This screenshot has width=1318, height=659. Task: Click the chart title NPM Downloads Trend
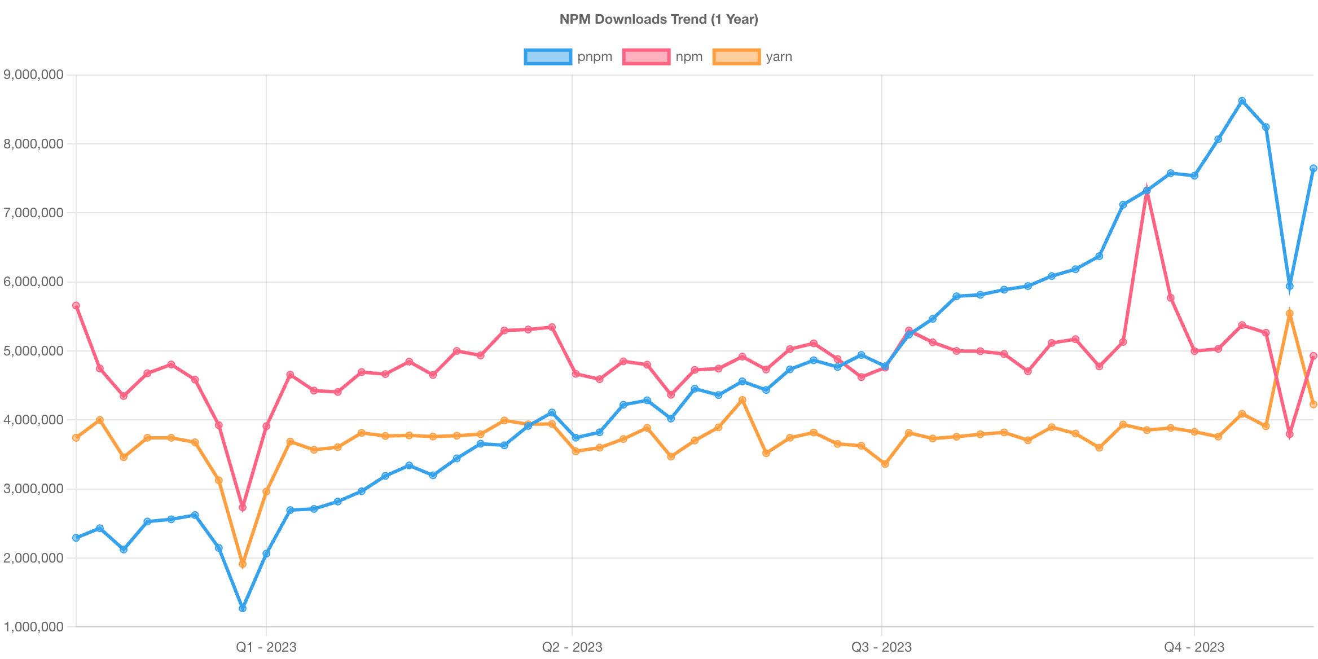click(658, 19)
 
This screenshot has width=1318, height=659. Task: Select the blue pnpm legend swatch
click(547, 57)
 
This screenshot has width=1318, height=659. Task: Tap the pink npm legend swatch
click(646, 57)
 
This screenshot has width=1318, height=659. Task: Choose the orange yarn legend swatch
click(736, 57)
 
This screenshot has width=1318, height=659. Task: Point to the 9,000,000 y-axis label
click(33, 74)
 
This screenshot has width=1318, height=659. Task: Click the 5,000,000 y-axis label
click(33, 351)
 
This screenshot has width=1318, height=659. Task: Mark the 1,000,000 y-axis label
click(33, 627)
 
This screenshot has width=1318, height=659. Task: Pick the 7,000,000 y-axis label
click(33, 213)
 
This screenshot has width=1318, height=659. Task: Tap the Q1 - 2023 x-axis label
click(266, 647)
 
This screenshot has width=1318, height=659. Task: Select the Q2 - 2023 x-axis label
click(572, 647)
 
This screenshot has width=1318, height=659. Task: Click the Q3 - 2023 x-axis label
click(881, 647)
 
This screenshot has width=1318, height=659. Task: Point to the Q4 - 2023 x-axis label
click(1194, 647)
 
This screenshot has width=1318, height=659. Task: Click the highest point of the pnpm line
click(1242, 101)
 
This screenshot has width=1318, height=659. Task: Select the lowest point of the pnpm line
click(243, 608)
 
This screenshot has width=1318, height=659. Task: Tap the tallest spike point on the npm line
click(1147, 191)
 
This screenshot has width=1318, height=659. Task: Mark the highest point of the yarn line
click(1289, 313)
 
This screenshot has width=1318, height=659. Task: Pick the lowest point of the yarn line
click(243, 564)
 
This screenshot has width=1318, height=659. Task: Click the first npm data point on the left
click(76, 305)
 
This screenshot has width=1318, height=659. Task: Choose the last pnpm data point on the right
click(1313, 168)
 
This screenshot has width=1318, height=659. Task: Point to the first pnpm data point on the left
click(76, 538)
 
